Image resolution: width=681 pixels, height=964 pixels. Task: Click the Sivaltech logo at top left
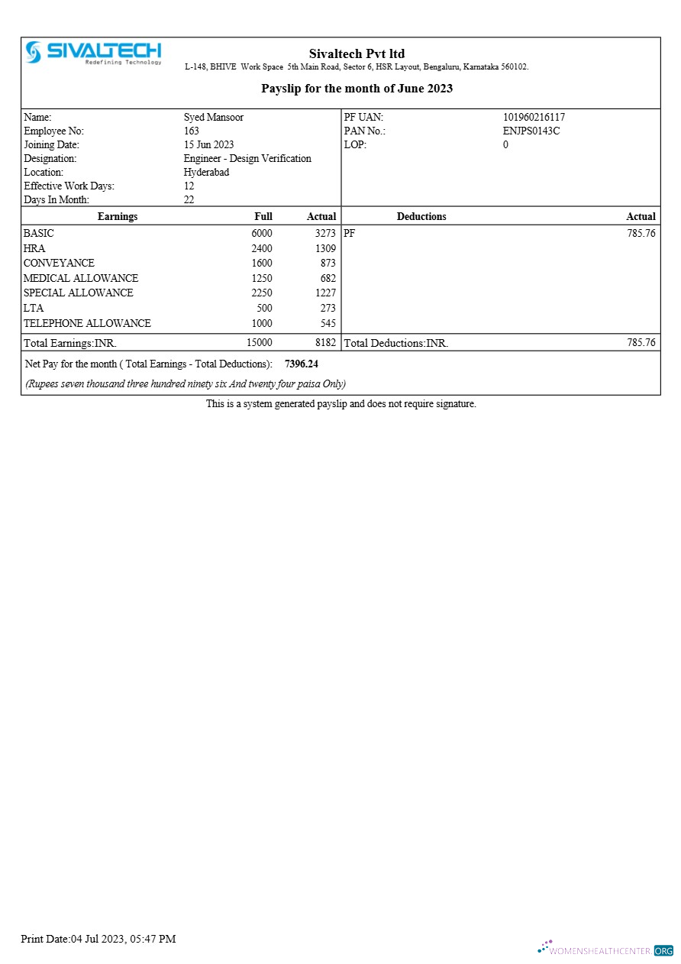coord(93,53)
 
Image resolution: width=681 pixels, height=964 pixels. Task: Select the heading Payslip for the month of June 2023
coord(357,89)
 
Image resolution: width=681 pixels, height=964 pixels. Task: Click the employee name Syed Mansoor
coord(213,118)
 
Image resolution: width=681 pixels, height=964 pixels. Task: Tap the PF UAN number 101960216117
coord(534,118)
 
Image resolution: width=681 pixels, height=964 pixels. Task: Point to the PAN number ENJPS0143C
coord(531,131)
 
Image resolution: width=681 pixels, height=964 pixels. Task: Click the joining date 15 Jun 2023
coord(208,145)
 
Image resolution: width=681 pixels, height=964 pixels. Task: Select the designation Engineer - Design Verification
coord(247,159)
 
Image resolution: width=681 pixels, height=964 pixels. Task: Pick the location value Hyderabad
coord(206,173)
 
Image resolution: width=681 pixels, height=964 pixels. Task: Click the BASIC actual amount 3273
coord(325,234)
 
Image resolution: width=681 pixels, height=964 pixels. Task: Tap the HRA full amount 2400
coord(261,249)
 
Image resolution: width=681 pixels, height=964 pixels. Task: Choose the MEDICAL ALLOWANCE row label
coord(81,279)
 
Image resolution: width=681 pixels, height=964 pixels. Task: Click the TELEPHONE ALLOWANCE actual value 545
coord(328,324)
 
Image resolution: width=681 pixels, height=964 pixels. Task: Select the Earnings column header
coord(118,217)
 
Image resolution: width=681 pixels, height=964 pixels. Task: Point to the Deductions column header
coord(421,217)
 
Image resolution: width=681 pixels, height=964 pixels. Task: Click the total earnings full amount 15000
coord(259,343)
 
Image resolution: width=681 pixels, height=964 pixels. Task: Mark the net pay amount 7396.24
coord(301,364)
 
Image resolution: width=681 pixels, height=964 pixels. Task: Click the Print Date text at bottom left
coord(98,939)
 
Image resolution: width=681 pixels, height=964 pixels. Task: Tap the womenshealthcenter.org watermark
coord(605,950)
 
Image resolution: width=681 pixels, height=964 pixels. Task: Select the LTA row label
coord(33,309)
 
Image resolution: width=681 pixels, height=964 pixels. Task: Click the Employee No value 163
coord(191,131)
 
